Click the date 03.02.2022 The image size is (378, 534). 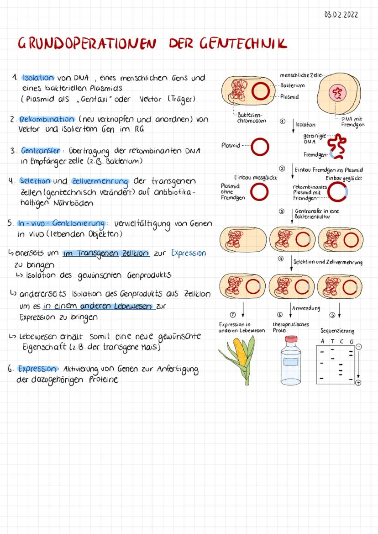[341, 15]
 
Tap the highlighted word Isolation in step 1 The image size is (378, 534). [38, 78]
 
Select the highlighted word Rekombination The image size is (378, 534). [47, 119]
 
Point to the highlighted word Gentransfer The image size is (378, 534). [41, 151]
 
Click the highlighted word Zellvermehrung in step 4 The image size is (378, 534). [100, 181]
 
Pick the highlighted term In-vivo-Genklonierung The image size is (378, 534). [61, 223]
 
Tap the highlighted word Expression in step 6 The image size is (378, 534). [37, 369]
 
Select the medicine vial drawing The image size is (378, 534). [290, 360]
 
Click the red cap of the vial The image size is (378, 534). [291, 338]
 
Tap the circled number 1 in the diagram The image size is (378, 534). [283, 122]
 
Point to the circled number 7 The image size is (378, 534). [233, 315]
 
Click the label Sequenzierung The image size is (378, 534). [337, 331]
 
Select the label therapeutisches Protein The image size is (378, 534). [290, 327]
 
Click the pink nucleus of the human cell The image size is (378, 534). [337, 93]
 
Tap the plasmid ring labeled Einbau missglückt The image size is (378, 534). [260, 192]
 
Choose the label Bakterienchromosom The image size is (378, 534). [252, 118]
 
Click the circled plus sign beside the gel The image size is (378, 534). [358, 383]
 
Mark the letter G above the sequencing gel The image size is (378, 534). [352, 341]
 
